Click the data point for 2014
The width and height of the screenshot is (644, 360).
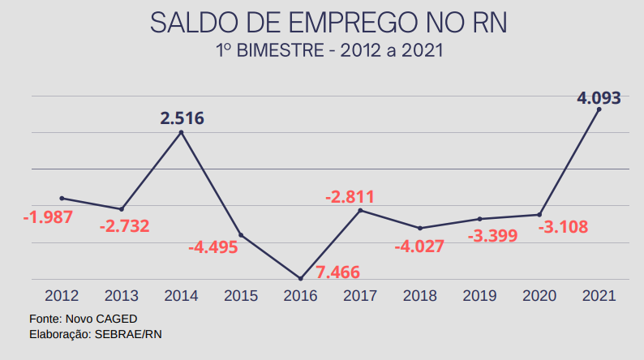(181, 132)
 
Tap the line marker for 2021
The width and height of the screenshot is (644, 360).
(599, 109)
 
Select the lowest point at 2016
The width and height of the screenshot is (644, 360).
(301, 278)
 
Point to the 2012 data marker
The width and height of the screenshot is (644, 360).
(62, 198)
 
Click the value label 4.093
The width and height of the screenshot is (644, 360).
(599, 98)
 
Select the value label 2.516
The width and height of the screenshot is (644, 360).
(182, 118)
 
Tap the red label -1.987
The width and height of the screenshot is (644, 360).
(48, 217)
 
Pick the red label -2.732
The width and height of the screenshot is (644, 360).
(124, 226)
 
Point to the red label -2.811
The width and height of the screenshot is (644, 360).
(350, 196)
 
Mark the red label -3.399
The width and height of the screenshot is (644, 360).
(493, 236)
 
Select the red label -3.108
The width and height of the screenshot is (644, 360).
(563, 226)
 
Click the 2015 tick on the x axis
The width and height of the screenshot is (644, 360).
(241, 296)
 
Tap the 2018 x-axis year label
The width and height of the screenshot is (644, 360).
(420, 296)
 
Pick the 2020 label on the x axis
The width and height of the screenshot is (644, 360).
(539, 296)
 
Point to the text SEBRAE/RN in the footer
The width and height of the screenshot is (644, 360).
(129, 333)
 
